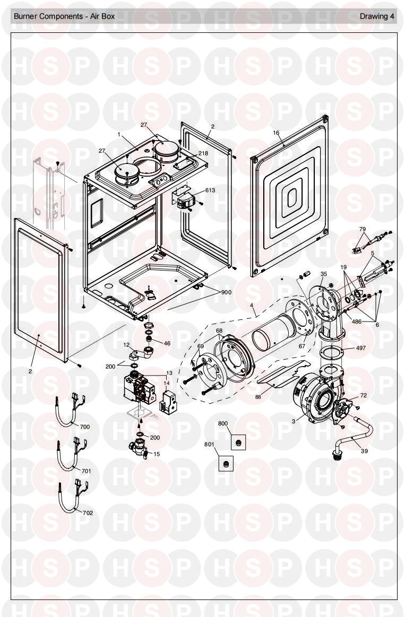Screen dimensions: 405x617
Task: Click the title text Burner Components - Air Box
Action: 64,16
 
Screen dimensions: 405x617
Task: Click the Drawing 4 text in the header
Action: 377,16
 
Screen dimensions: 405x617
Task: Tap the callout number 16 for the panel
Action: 276,133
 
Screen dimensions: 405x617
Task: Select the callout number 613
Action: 210,190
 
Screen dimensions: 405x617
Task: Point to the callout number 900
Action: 226,292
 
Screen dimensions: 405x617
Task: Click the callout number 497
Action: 360,348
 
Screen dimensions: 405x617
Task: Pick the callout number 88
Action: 258,397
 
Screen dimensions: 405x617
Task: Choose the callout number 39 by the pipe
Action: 364,451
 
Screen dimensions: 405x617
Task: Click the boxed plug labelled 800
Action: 238,443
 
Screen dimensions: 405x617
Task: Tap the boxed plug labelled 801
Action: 226,464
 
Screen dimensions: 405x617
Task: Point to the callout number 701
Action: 86,471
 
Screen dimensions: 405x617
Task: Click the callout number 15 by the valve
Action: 157,454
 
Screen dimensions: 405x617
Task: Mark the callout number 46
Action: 167,343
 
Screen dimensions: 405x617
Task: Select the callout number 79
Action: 363,229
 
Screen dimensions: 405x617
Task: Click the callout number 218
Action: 203,153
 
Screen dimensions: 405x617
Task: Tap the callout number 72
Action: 363,395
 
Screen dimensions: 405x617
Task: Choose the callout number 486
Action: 357,321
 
